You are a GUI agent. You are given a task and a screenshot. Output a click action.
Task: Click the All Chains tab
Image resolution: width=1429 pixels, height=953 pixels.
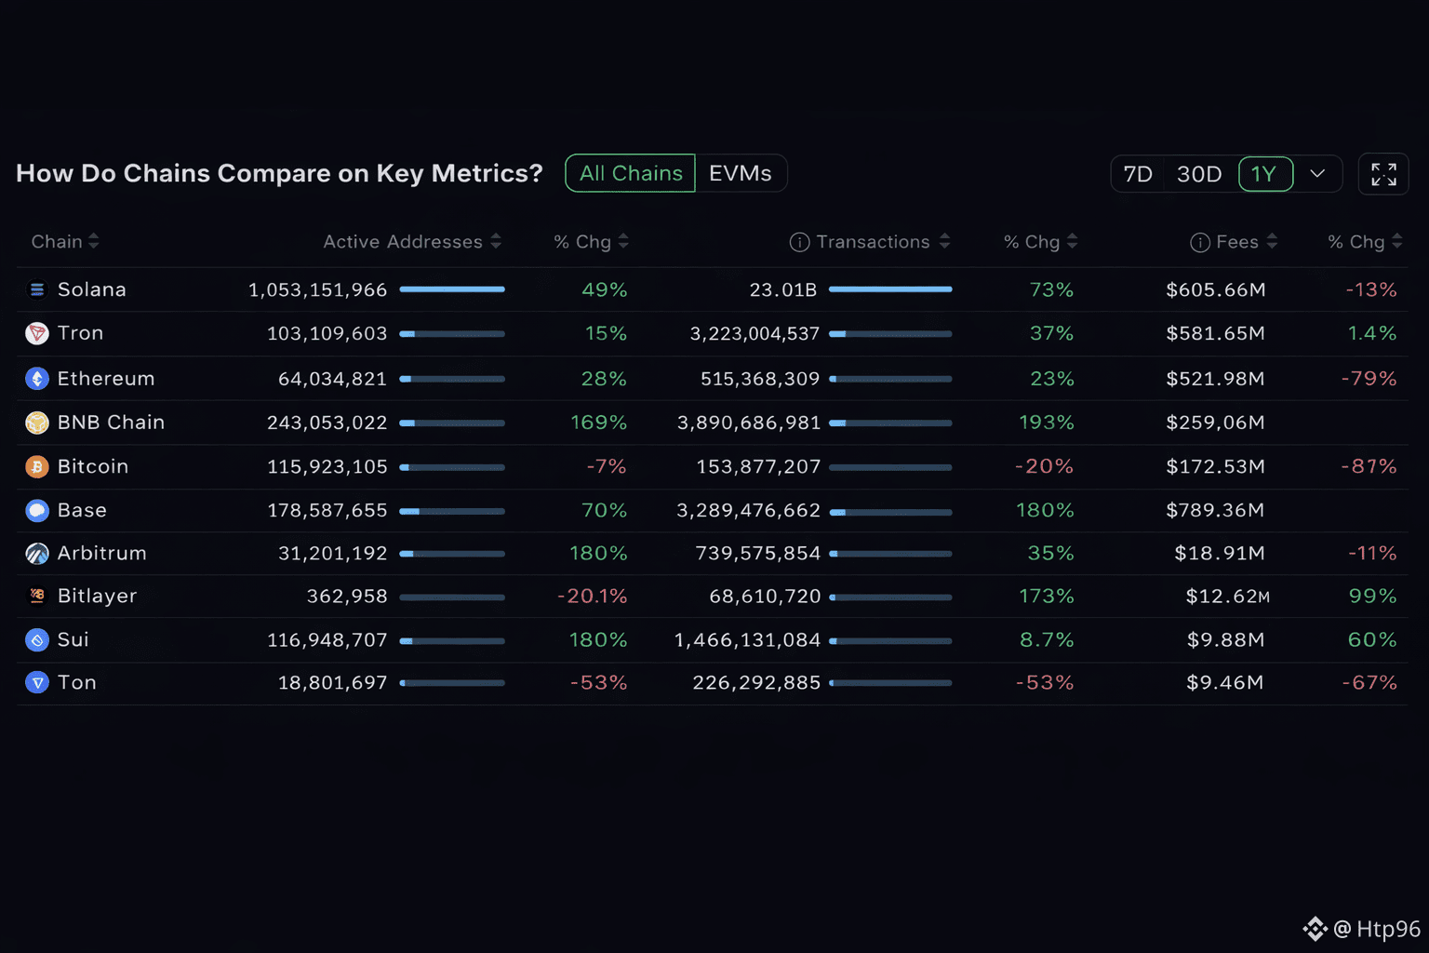[x=630, y=173]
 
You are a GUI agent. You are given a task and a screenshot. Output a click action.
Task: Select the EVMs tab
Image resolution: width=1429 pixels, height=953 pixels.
[x=741, y=173]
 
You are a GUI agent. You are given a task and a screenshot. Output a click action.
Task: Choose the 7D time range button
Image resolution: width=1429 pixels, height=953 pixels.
[x=1137, y=174]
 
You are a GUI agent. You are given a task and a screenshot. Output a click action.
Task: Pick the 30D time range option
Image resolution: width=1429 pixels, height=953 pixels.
[x=1198, y=174]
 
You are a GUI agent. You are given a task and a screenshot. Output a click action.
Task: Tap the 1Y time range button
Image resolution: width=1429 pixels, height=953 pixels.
[x=1264, y=174]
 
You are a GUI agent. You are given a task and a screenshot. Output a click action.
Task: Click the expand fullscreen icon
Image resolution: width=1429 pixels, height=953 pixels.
[x=1383, y=174]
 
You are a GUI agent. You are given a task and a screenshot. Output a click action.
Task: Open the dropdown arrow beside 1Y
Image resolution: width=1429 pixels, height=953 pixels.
[x=1317, y=174]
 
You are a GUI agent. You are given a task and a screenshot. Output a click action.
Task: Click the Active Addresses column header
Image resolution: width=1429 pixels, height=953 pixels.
[x=403, y=242]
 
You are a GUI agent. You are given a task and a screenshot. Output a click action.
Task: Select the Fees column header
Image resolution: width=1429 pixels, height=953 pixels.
[x=1236, y=242]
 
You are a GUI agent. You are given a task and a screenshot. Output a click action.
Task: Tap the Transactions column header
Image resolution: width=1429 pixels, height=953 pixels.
[x=873, y=242]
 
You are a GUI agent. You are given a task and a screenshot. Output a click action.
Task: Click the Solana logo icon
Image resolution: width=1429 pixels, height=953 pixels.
[x=37, y=289]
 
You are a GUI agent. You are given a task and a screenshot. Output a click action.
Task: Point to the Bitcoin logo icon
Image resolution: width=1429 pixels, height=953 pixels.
[x=37, y=466]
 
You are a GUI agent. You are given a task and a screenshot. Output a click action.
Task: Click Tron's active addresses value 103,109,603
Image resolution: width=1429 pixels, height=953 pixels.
[x=327, y=333]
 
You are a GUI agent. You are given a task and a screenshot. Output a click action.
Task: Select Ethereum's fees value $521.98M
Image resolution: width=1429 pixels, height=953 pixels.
[x=1215, y=379]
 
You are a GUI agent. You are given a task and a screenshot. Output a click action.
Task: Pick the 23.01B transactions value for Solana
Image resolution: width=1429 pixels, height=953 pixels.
[x=782, y=289]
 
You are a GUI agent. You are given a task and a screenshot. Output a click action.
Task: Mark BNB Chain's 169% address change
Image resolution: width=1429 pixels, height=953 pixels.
[x=598, y=423]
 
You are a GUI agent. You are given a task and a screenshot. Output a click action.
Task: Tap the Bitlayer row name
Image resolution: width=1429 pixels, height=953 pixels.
[x=97, y=596]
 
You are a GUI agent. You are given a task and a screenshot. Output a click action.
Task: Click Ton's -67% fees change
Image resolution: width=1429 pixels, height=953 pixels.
[x=1369, y=683]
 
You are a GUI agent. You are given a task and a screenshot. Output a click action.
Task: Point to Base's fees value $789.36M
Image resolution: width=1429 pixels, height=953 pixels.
[x=1215, y=510]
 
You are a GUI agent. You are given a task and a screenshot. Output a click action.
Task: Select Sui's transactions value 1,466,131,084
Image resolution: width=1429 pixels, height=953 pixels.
[x=747, y=639]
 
